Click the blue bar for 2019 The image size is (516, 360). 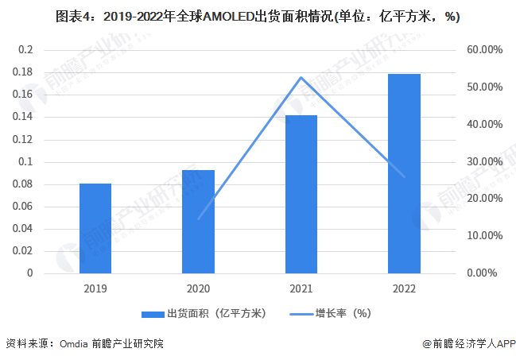pyautogui.click(x=95, y=228)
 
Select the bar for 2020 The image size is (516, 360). pyautogui.click(x=198, y=222)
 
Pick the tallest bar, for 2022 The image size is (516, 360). pyautogui.click(x=404, y=173)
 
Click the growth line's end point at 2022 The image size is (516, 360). pyautogui.click(x=404, y=177)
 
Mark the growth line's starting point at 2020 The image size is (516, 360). pyautogui.click(x=198, y=219)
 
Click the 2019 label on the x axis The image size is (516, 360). pyautogui.click(x=95, y=288)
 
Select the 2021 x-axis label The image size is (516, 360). pyautogui.click(x=301, y=288)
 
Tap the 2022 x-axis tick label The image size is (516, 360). pyautogui.click(x=404, y=288)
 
